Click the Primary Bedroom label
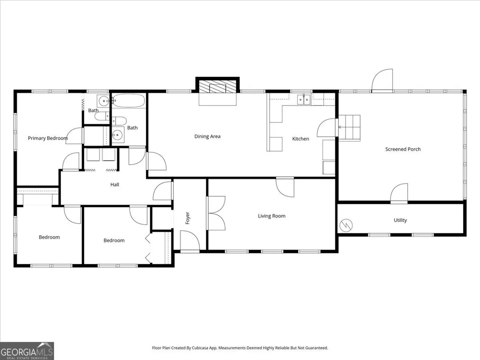(x=48, y=138)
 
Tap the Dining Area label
(x=207, y=136)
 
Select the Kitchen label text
(x=300, y=139)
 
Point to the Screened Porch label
(x=403, y=149)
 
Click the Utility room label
(x=400, y=220)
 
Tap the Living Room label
(x=272, y=216)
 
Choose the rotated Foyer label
(x=188, y=218)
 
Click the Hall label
(x=115, y=185)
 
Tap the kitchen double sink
(x=304, y=99)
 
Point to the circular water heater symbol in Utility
(x=346, y=226)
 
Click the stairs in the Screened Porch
(x=349, y=127)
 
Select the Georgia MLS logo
(x=27, y=351)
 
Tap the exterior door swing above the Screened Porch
(x=383, y=81)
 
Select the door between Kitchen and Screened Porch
(x=327, y=127)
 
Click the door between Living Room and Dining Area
(x=285, y=187)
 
